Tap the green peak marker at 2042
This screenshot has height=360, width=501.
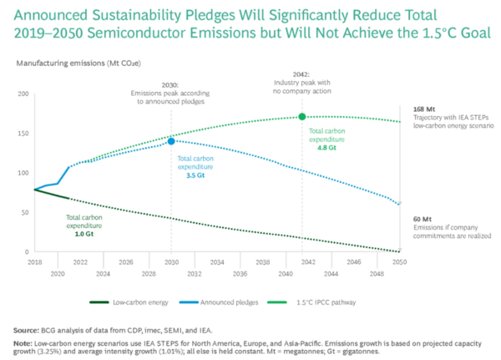[302, 117]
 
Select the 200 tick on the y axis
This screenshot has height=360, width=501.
[22, 94]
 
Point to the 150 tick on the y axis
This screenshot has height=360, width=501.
[22, 134]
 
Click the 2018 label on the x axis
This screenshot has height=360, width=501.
[33, 261]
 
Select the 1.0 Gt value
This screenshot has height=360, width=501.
[84, 233]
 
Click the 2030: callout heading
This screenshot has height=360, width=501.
[171, 86]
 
